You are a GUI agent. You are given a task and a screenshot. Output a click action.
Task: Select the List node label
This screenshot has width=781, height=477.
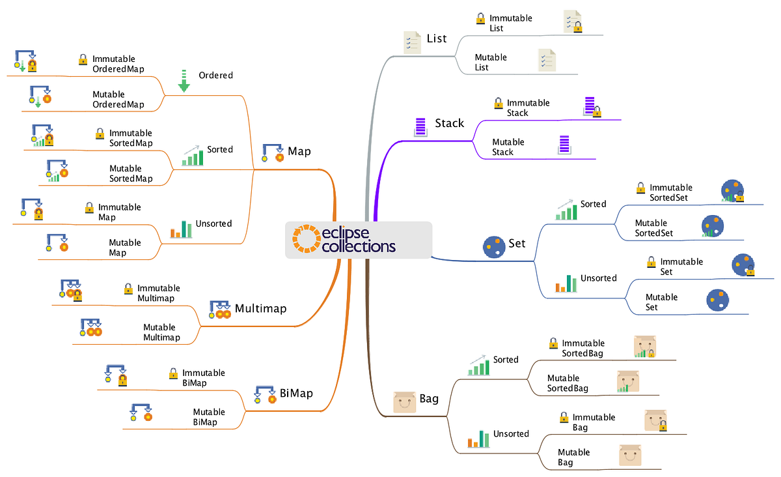[437, 38]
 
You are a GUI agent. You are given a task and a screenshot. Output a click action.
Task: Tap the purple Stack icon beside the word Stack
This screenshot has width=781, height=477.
[420, 126]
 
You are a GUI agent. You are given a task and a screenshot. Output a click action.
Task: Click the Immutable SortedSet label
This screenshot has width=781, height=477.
[670, 192]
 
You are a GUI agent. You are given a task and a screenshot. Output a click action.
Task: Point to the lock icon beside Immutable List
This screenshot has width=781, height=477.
[481, 19]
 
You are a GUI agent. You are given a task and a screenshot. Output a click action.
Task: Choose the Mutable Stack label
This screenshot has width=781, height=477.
[508, 147]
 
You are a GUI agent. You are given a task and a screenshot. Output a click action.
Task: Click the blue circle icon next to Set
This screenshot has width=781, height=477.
[494, 246]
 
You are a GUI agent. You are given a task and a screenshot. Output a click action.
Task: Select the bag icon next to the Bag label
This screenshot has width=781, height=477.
[404, 401]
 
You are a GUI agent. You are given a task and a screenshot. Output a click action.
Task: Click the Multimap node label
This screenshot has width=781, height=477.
[260, 308]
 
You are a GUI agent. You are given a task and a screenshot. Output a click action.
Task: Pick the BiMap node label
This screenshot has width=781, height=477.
[296, 393]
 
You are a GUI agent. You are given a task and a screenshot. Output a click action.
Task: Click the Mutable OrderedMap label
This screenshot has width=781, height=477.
[118, 99]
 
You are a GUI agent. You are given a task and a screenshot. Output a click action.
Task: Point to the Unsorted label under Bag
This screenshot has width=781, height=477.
[511, 433]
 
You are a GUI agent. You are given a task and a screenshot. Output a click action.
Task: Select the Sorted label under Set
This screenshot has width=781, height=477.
[593, 204]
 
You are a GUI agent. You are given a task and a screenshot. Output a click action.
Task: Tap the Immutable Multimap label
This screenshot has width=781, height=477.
[158, 293]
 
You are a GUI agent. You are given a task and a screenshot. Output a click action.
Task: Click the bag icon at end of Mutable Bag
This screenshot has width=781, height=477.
[629, 455]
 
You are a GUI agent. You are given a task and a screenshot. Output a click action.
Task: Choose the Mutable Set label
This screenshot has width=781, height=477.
[661, 302]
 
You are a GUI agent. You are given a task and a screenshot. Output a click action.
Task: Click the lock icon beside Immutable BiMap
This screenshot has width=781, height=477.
[173, 373]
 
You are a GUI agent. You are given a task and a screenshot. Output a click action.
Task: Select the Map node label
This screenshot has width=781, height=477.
[299, 151]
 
